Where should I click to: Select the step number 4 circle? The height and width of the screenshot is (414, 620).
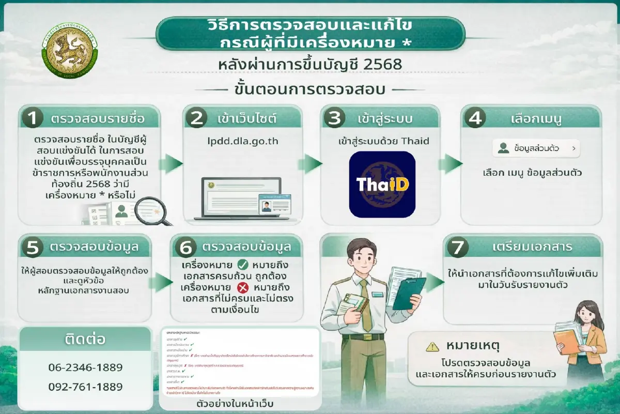474,119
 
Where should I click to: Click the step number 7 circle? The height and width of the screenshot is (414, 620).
457,248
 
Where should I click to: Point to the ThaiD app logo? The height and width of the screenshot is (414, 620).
382,184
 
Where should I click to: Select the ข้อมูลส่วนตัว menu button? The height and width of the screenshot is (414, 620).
536,149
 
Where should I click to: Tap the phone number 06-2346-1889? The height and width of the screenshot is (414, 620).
85,367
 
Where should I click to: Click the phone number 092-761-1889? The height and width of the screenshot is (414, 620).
85,387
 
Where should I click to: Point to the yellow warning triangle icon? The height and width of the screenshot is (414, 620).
432,346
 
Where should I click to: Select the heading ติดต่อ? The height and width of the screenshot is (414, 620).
85,339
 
